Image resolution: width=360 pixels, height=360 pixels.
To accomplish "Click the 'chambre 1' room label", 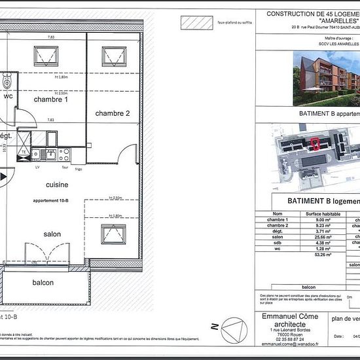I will [52, 99].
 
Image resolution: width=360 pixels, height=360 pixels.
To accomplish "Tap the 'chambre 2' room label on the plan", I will [113, 113].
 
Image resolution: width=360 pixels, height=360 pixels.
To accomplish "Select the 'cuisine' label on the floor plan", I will [57, 185].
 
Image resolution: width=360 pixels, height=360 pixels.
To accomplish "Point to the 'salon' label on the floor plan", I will [52, 234].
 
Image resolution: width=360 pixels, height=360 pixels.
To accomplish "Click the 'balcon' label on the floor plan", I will [43, 282].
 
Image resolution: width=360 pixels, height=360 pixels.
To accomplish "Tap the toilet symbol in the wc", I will [7, 81].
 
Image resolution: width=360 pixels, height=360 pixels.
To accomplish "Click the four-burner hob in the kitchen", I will [64, 154].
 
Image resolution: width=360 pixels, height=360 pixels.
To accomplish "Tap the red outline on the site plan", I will [315, 143].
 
